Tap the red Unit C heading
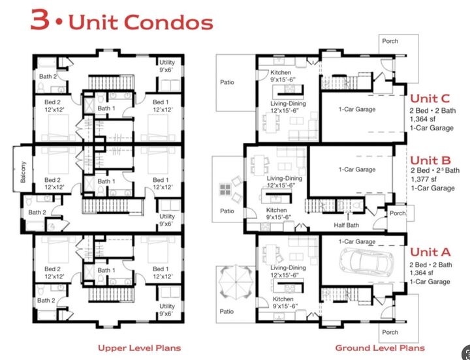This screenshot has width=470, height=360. coord(430,98)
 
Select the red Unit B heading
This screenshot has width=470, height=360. coord(430,160)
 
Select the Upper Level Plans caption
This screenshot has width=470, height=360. coord(139,348)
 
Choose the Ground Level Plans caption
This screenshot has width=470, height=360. coord(379,348)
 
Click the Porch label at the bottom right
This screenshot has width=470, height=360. coord(390,333)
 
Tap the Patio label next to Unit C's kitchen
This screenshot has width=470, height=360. coord(227,82)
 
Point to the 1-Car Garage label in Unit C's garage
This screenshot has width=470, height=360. coord(356,110)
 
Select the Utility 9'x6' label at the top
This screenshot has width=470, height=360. coord(167,66)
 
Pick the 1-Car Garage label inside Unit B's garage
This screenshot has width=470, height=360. coord(356,170)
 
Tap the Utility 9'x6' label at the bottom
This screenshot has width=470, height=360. coord(167,309)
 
